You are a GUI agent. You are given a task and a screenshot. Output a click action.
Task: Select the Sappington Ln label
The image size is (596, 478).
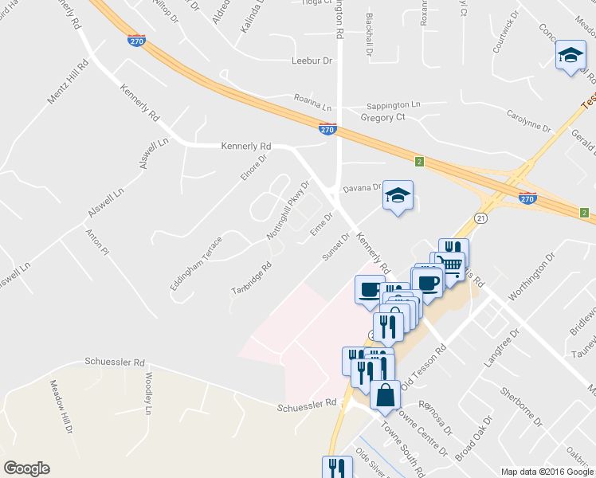(393, 105)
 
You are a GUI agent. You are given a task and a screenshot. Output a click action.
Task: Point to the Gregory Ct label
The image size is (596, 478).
(383, 118)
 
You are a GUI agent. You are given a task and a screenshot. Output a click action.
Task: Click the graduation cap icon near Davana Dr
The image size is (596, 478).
(398, 195)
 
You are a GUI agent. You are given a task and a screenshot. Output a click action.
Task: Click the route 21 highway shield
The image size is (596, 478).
(480, 217)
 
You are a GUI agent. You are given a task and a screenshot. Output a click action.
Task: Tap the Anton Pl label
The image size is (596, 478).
(96, 242)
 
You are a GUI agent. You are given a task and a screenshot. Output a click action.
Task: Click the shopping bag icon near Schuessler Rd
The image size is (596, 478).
(385, 394)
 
